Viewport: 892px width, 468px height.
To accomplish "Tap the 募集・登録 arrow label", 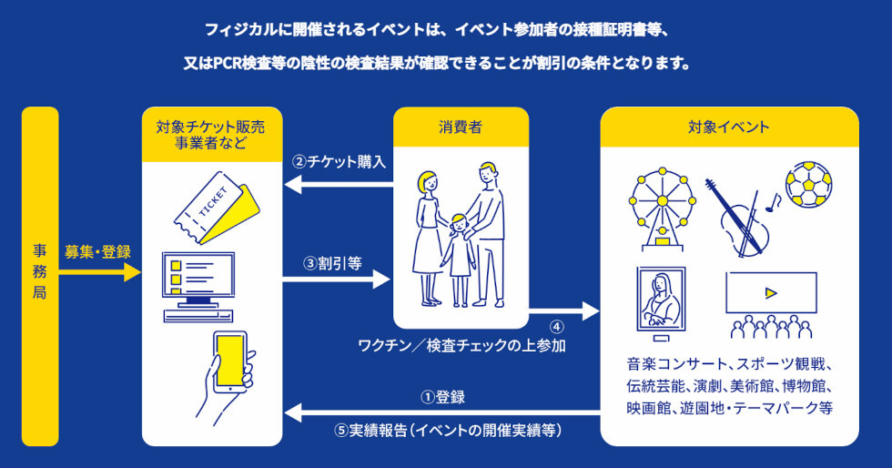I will coord(96,251).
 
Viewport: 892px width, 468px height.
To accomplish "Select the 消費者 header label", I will coord(460,127).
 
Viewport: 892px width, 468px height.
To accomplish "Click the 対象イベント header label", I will coord(728,127).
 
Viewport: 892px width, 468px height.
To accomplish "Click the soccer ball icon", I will coord(807,185).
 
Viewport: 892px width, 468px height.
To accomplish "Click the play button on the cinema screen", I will coord(771,292).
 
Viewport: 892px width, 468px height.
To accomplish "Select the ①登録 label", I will coord(442,397).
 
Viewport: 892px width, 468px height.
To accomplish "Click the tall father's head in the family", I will coord(489,173).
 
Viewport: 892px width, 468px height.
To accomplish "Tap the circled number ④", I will coord(557,326).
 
